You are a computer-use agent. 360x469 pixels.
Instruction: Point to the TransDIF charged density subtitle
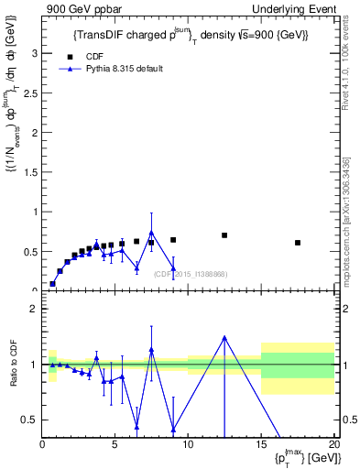point(190,35)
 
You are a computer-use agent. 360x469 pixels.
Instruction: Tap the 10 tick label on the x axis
point(188,445)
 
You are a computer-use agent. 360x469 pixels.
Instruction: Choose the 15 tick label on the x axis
point(261,445)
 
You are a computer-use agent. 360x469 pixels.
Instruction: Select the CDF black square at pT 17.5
point(298,243)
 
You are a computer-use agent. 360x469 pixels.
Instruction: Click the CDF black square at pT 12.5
point(224,235)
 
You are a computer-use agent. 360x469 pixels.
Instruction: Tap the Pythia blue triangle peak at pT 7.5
point(151,233)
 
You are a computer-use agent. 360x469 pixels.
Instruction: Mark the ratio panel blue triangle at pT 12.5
point(224,337)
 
